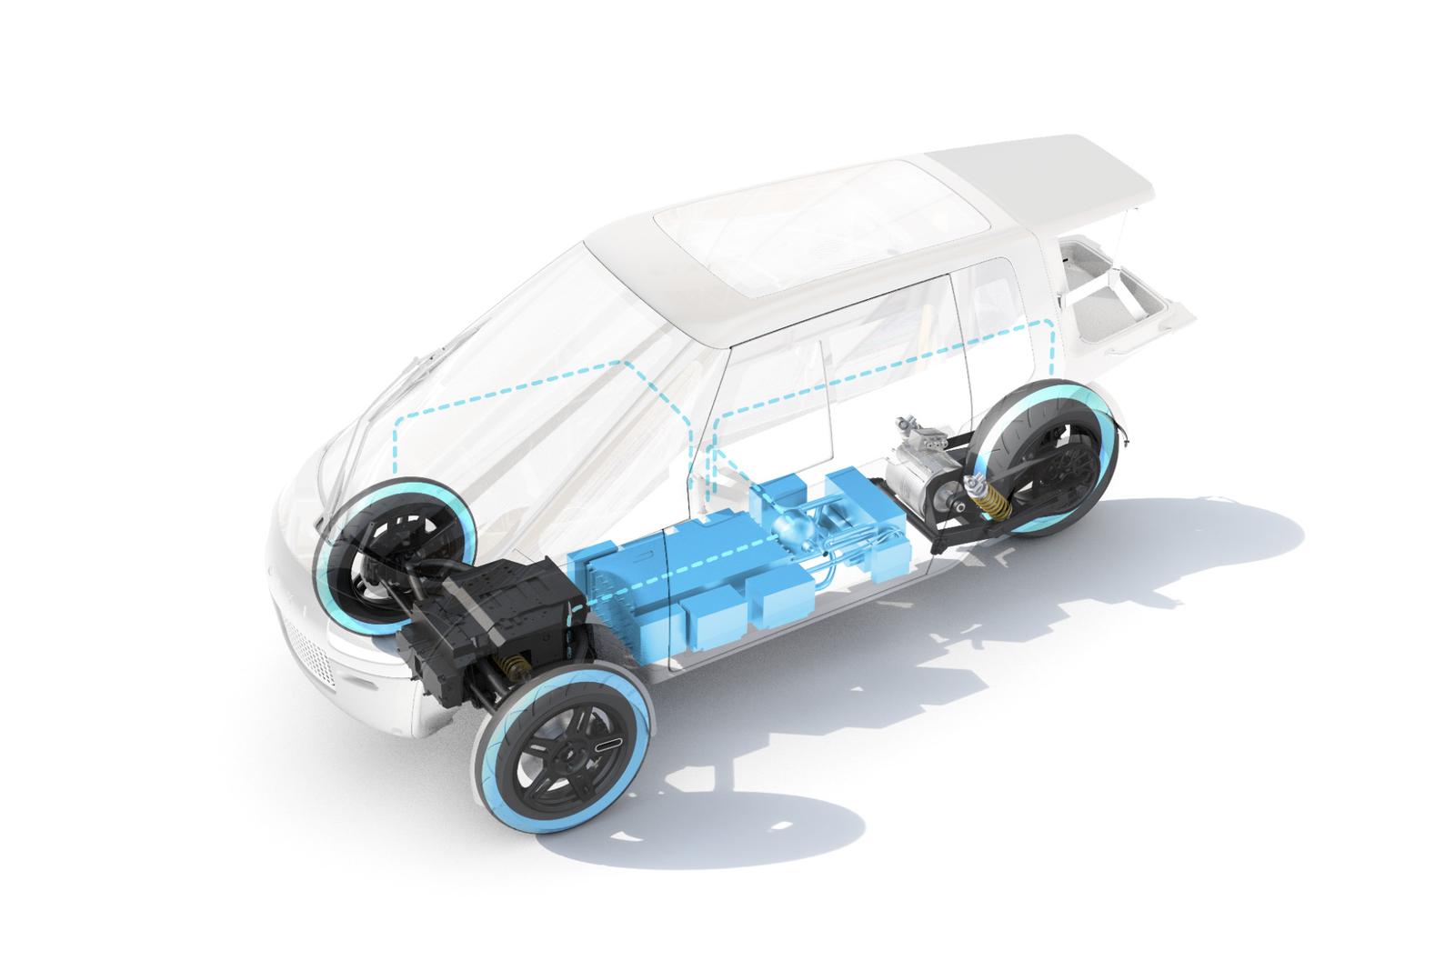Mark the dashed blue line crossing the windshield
click(x=509, y=386)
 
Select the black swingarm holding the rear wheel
click(x=964, y=536)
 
